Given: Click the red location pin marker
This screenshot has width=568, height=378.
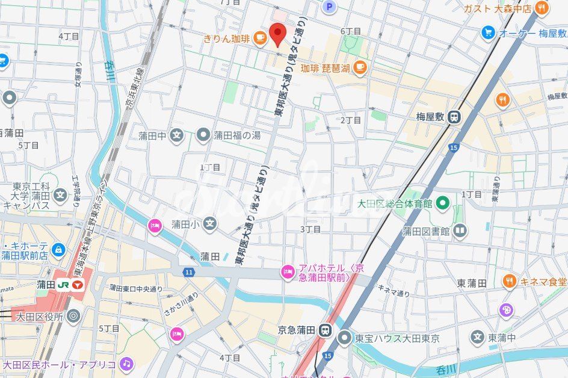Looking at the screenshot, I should pyautogui.click(x=277, y=34).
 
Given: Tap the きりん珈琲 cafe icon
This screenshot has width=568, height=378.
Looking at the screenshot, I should pyautogui.click(x=260, y=39).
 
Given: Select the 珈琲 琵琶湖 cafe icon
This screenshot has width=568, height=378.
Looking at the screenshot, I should pyautogui.click(x=360, y=67).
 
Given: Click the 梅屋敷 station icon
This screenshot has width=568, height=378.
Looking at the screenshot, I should pyautogui.click(x=455, y=117).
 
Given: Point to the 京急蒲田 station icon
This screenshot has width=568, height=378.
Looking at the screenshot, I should pyautogui.click(x=326, y=330).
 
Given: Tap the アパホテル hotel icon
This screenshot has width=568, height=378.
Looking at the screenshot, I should pyautogui.click(x=288, y=273).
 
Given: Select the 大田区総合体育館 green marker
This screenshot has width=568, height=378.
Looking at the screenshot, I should pyautogui.click(x=443, y=203).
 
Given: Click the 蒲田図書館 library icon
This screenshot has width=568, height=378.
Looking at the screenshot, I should pyautogui.click(x=460, y=230).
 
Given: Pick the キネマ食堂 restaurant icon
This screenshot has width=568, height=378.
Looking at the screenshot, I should pyautogui.click(x=510, y=281).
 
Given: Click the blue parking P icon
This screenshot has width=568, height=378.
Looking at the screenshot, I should pyautogui.click(x=329, y=7).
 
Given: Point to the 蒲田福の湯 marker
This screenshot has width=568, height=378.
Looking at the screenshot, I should pyautogui.click(x=204, y=135).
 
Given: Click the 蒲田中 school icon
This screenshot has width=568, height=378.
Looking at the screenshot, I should pyautogui.click(x=176, y=135).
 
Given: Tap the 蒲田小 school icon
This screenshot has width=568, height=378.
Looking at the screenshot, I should pyautogui.click(x=209, y=224).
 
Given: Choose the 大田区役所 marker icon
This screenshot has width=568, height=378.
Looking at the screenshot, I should pyautogui.click(x=73, y=315).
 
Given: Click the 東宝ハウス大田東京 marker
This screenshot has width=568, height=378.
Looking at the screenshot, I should pyautogui.click(x=344, y=337).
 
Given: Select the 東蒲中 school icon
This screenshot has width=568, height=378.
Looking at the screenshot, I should pyautogui.click(x=477, y=337).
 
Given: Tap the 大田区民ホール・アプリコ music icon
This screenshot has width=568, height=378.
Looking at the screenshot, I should pyautogui.click(x=126, y=364).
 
